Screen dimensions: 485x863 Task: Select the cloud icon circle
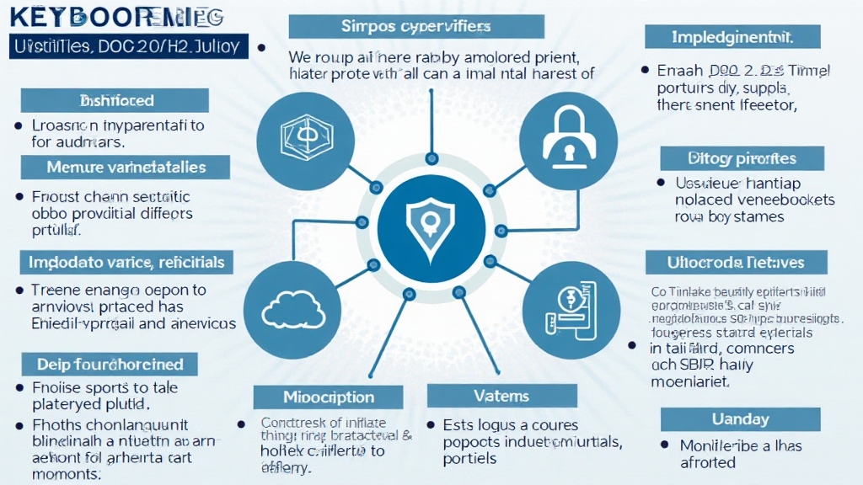click(x=295, y=306)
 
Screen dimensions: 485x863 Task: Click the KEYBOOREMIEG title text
click(x=113, y=18)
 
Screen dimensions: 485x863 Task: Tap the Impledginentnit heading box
click(x=732, y=36)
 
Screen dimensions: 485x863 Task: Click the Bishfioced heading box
click(x=115, y=100)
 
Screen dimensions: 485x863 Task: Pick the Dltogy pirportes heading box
click(x=741, y=157)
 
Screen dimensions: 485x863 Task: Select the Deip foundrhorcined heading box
click(x=110, y=364)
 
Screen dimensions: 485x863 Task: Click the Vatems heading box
click(x=501, y=395)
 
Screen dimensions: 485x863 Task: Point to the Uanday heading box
click(x=740, y=418)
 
